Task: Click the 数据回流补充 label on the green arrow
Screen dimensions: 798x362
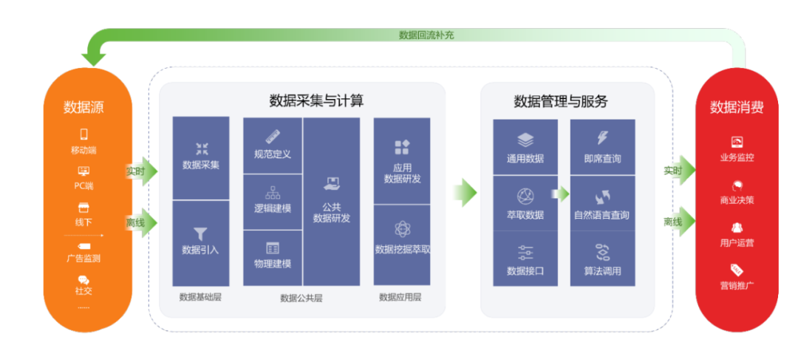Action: pyautogui.click(x=426, y=35)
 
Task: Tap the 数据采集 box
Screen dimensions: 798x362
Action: pyautogui.click(x=200, y=157)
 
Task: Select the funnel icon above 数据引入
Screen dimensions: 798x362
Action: pyautogui.click(x=200, y=234)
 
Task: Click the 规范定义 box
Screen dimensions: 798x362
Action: pyautogui.click(x=273, y=146)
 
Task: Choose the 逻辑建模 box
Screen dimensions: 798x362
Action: pyautogui.click(x=273, y=202)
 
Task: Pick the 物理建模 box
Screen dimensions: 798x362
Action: pyautogui.click(x=273, y=257)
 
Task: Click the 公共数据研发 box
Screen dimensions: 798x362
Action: pyautogui.click(x=331, y=201)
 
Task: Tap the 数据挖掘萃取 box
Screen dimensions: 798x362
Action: pyautogui.click(x=402, y=245)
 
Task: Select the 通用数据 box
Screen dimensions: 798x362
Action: pyautogui.click(x=525, y=147)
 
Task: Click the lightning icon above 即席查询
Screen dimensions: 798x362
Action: pyautogui.click(x=602, y=138)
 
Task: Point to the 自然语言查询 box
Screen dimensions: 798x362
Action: pyautogui.click(x=602, y=202)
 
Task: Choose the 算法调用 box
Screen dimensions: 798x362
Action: pyautogui.click(x=602, y=259)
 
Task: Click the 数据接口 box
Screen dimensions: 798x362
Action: pyautogui.click(x=525, y=259)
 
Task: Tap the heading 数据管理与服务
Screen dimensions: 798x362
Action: pyautogui.click(x=567, y=100)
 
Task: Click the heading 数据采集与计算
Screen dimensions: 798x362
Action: pyautogui.click(x=316, y=100)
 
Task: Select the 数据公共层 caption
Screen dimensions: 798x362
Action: pyautogui.click(x=301, y=298)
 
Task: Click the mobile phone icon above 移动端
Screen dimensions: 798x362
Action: pyautogui.click(x=83, y=134)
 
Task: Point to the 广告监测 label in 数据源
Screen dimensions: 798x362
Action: pyautogui.click(x=83, y=259)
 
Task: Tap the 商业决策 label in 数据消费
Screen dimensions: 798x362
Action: pyautogui.click(x=737, y=200)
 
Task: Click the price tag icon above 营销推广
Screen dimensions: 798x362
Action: pyautogui.click(x=737, y=270)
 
